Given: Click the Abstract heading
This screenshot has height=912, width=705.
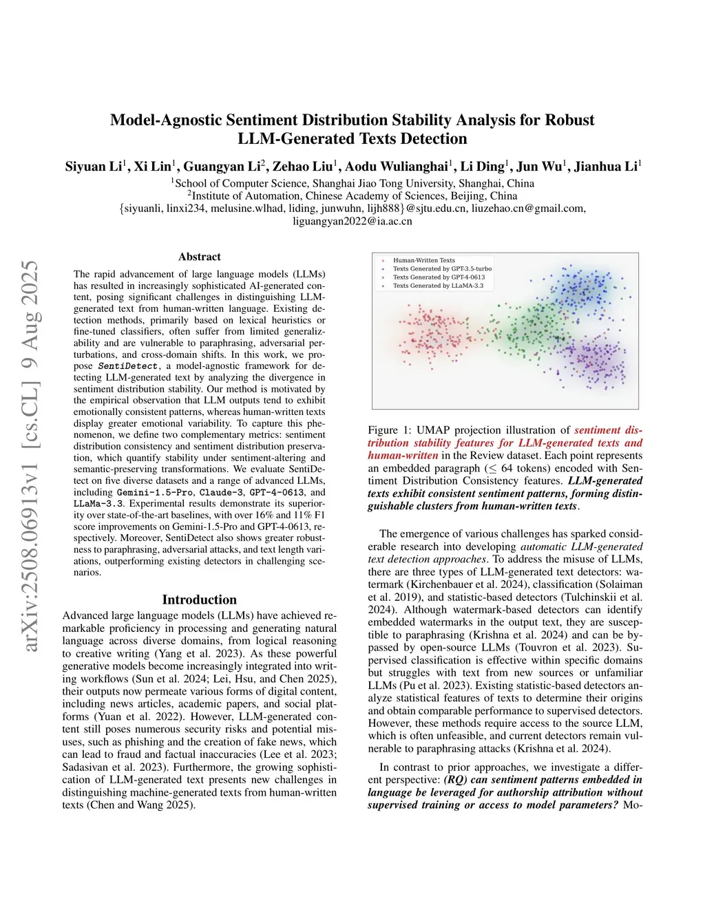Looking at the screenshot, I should pyautogui.click(x=200, y=257).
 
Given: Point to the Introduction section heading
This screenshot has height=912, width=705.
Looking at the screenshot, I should pyautogui.click(x=199, y=600).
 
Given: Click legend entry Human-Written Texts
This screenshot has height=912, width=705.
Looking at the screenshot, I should pyautogui.click(x=423, y=261).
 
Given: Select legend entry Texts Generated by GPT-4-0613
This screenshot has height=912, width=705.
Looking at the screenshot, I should pyautogui.click(x=439, y=277).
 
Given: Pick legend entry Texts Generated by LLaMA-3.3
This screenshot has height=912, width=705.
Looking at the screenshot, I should pyautogui.click(x=438, y=286).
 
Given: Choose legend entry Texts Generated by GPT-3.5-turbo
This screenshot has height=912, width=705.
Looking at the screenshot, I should pyautogui.click(x=442, y=269).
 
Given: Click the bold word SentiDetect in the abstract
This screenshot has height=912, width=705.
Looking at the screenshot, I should pyautogui.click(x=128, y=366).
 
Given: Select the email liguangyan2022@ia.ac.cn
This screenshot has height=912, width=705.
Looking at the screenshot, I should pyautogui.click(x=352, y=221).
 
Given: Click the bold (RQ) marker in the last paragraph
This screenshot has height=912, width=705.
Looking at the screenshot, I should pyautogui.click(x=455, y=780).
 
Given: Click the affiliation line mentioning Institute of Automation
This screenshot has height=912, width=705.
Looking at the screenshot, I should pyautogui.click(x=352, y=195).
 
